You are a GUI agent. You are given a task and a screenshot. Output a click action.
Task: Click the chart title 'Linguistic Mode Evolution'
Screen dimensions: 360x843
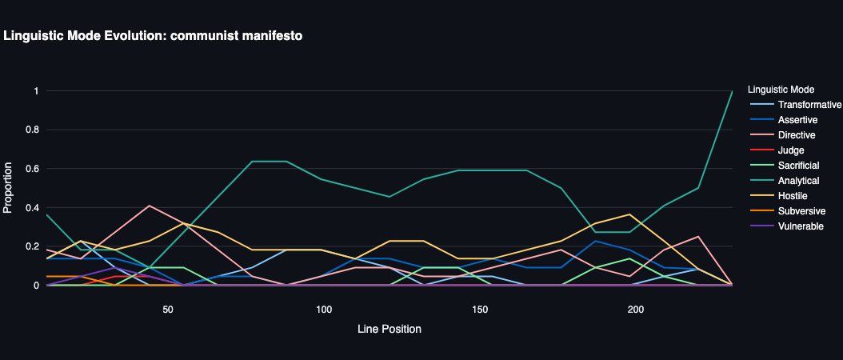pos(153,36)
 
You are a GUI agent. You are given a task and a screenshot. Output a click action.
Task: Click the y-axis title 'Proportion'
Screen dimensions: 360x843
pos(9,188)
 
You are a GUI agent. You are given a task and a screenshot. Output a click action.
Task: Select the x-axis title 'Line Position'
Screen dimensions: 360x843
pos(390,329)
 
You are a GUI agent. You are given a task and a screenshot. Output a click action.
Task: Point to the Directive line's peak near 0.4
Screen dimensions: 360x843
pos(150,206)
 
